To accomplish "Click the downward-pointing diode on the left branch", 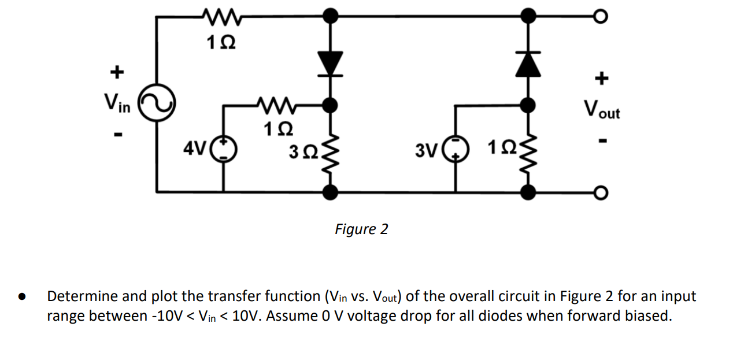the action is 331,64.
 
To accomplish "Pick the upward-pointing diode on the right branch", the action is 528,64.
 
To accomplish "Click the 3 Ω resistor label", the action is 303,152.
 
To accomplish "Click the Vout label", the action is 602,110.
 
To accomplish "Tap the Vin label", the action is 117,103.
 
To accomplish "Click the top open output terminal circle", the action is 601,16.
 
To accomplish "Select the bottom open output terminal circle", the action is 601,193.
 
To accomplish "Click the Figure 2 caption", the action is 362,229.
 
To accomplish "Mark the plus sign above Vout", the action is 602,78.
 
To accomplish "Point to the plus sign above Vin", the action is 117,72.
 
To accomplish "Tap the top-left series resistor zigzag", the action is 221,16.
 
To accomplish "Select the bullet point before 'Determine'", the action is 22,296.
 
